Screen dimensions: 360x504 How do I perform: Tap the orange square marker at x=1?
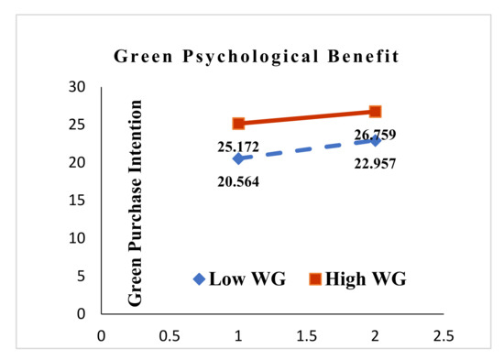238,123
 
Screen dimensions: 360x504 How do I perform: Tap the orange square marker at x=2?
376,111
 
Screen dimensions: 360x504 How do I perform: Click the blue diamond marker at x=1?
238,158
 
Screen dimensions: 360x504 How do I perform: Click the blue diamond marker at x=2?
376,140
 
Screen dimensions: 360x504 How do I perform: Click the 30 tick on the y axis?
79,87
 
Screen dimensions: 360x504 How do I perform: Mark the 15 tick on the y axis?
79,200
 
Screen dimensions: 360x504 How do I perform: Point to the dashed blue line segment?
307,149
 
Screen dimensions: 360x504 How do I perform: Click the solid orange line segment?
307,117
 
